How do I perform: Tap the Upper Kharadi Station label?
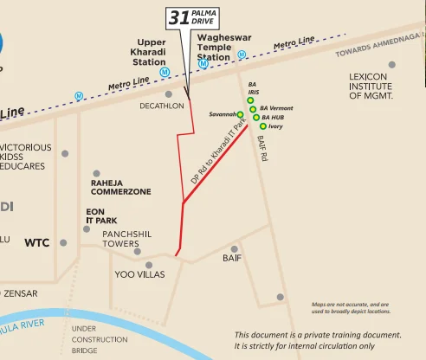tap(151, 51)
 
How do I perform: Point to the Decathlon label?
tap(162, 106)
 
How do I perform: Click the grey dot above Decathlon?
tap(169, 93)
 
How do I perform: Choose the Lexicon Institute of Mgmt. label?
tap(371, 86)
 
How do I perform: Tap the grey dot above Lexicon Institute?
tap(391, 65)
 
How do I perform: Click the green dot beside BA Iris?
tap(250, 100)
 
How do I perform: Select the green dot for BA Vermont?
tap(253, 109)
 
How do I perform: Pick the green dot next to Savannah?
tap(241, 114)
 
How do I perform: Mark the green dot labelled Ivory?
tap(263, 126)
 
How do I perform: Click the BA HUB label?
tap(273, 117)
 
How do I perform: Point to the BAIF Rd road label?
tap(261, 148)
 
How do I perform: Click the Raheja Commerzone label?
tap(121, 188)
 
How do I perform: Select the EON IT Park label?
tap(95, 215)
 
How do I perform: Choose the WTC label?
tap(36, 243)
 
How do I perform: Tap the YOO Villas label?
tap(139, 274)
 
